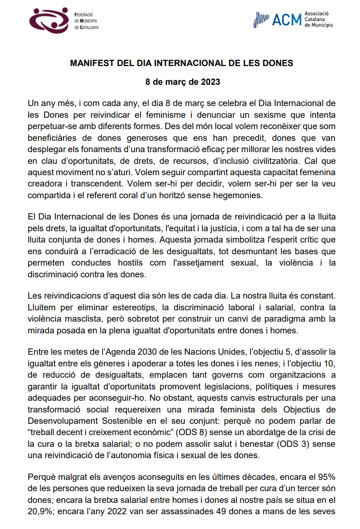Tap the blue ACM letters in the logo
[x=287, y=20]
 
